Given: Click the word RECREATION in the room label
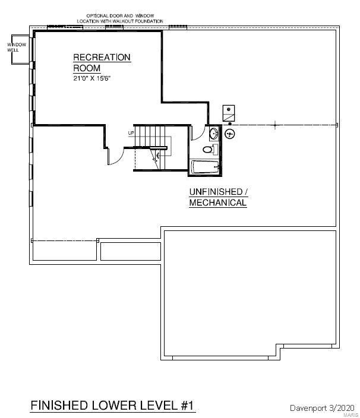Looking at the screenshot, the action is (102, 58).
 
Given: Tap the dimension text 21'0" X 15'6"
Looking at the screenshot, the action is (91, 78).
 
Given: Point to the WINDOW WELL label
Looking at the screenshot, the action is (17, 47).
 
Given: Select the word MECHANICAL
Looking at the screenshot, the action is (218, 202).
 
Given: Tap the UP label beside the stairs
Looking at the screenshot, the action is (131, 133).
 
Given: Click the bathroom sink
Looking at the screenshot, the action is (214, 133).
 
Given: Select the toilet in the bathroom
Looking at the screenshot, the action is (210, 149).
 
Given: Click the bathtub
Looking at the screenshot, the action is (205, 167).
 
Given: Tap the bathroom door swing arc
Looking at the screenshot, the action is (201, 137).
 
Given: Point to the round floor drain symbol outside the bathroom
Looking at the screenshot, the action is (229, 134).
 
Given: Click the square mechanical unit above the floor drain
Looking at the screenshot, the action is (229, 113).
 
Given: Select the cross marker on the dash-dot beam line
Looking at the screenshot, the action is (275, 125).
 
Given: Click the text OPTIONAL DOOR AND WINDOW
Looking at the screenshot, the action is (120, 15).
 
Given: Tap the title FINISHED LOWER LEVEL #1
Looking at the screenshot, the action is (112, 406).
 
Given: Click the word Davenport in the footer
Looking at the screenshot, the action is (308, 408).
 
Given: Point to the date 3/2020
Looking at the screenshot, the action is (342, 408).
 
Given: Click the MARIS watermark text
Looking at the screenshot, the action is (351, 415).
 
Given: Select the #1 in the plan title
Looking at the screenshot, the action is (187, 406).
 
